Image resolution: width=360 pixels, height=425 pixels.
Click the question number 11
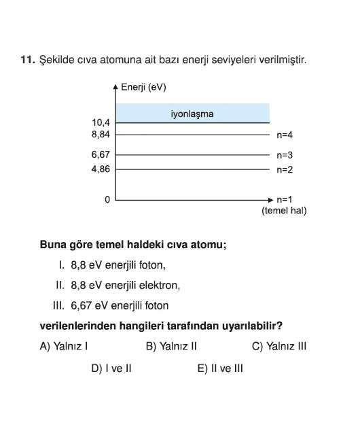(27, 61)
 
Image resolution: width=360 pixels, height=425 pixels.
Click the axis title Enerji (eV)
(143, 87)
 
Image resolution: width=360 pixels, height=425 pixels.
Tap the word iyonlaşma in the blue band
(192, 114)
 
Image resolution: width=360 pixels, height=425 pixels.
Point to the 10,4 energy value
(101, 122)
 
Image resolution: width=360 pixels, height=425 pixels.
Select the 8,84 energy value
(101, 135)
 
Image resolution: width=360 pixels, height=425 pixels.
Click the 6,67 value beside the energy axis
(101, 155)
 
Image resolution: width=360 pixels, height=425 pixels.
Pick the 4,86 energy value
(101, 169)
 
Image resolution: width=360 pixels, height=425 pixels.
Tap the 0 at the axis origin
(107, 200)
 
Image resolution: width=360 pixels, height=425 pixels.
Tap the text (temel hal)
(284, 211)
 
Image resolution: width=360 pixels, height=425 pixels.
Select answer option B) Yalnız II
(171, 346)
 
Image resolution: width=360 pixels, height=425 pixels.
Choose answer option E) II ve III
(220, 369)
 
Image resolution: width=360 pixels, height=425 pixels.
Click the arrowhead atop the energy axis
(115, 87)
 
